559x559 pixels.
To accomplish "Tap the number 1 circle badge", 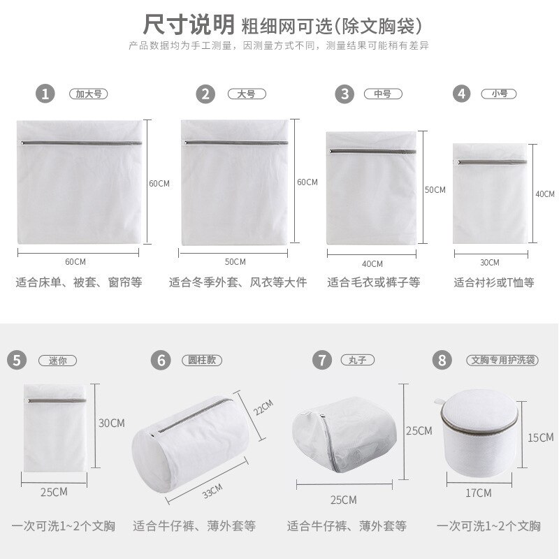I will [45, 93].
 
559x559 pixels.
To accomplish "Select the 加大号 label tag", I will [89, 93].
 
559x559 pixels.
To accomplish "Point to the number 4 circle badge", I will [460, 93].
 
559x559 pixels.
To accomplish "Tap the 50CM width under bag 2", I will [235, 261].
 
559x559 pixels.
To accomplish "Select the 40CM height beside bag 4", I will [544, 194].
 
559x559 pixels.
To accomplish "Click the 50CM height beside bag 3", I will [435, 190].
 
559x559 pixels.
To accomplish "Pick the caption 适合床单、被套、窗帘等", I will [79, 283].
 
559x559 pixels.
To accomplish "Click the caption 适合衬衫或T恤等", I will [493, 283].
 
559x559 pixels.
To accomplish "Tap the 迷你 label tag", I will [57, 361].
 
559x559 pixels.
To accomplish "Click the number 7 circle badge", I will [321, 361].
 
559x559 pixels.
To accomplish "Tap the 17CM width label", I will [479, 493].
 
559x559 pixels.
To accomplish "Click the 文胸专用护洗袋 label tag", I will [502, 361].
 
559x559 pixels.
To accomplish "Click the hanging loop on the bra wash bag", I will [439, 402].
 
